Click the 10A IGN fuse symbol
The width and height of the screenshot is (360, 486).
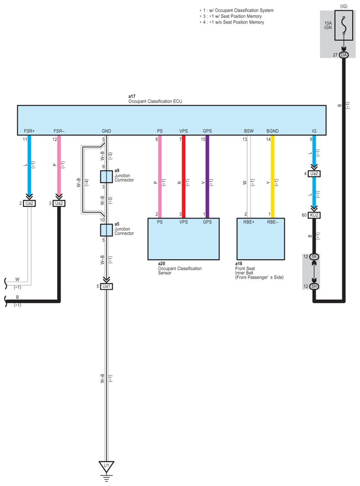tap(344, 26)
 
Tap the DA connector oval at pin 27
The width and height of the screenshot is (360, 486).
tap(344, 55)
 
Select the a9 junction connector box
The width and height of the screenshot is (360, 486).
tap(106, 176)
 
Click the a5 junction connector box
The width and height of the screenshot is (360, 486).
tap(106, 230)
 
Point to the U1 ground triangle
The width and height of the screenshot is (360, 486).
tap(106, 466)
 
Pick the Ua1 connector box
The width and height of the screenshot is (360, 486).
tap(106, 286)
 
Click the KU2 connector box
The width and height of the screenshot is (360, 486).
tap(314, 215)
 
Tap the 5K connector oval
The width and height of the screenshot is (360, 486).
tap(314, 256)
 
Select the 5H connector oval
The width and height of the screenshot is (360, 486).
tap(314, 286)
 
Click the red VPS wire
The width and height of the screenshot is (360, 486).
tap(183, 176)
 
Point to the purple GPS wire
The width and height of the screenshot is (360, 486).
tap(207, 176)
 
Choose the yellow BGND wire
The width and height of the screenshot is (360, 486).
tap(273, 176)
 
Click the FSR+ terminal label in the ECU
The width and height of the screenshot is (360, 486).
tap(29, 131)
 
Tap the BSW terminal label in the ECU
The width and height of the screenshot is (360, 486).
tap(249, 131)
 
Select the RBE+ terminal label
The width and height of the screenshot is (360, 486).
tap(249, 222)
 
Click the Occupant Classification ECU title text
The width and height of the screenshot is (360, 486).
tap(155, 101)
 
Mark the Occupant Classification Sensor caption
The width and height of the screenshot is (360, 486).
tap(180, 271)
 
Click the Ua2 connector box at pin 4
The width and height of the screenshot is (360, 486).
tap(314, 174)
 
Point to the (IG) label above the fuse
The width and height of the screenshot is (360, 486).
tap(344, 6)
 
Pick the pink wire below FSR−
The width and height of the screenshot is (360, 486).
tap(59, 166)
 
